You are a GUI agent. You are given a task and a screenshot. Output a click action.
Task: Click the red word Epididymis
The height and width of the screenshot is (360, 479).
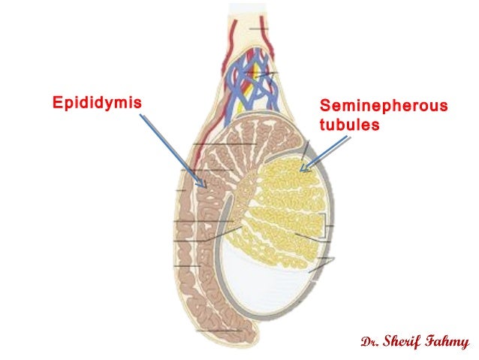point(96,101)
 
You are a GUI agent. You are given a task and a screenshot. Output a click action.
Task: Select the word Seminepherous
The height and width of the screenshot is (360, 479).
point(384,107)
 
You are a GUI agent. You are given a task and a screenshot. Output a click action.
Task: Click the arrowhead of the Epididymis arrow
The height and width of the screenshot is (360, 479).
point(205,184)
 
